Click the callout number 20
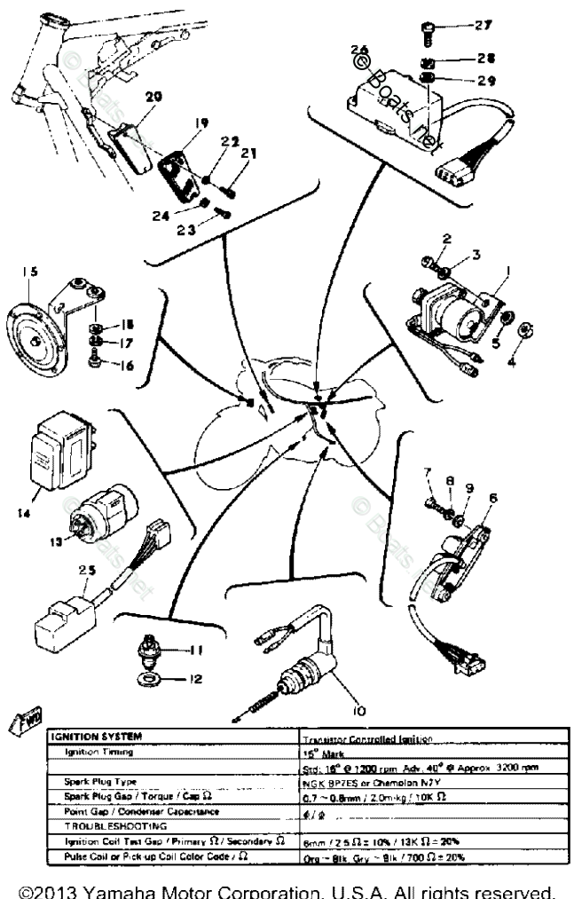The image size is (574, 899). coord(153,96)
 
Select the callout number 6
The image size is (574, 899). coord(492,499)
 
